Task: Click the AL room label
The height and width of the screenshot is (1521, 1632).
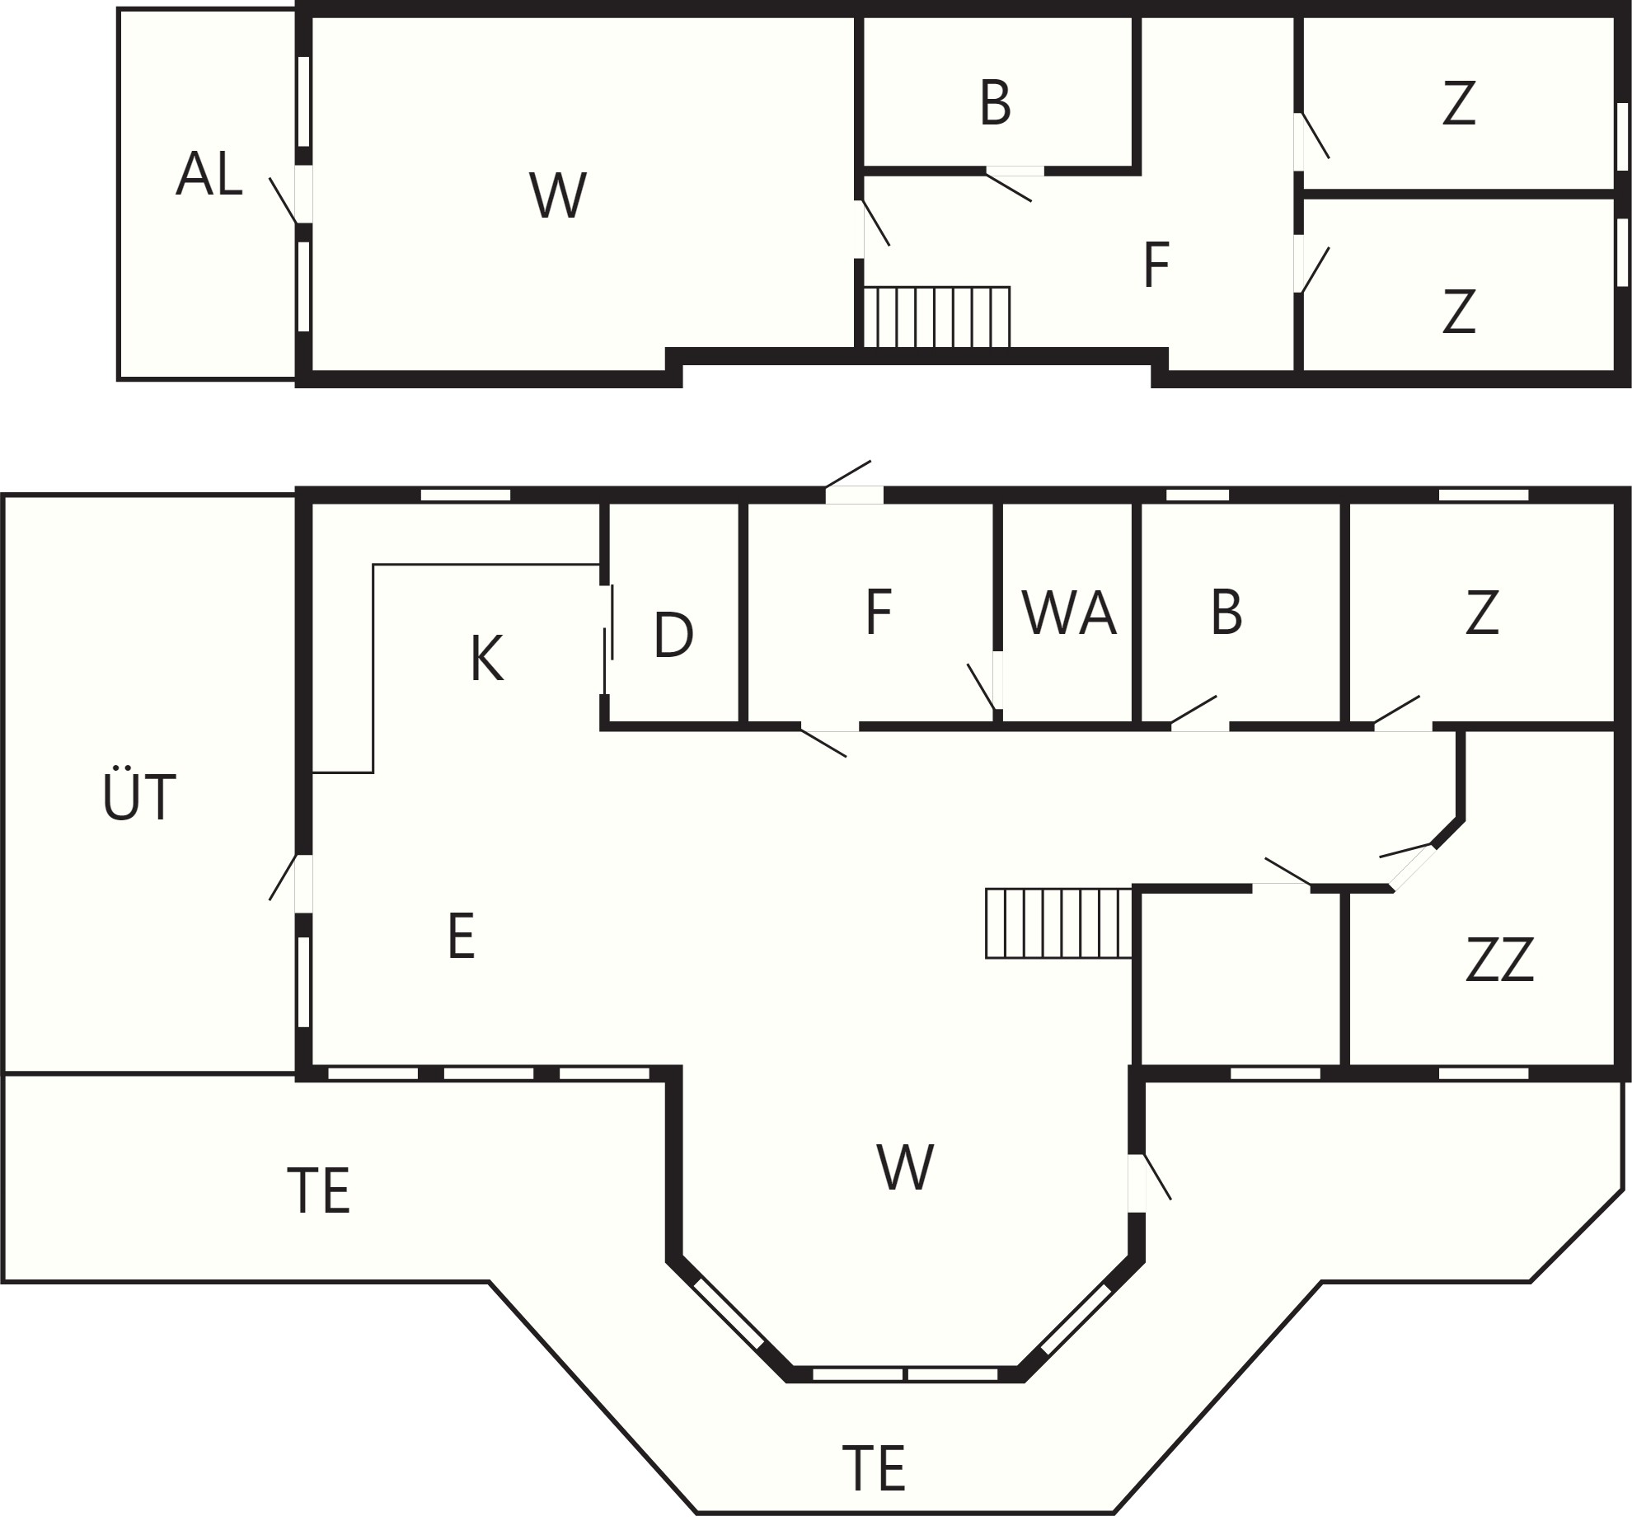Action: click(x=209, y=174)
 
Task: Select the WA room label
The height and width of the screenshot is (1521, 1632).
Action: click(x=1069, y=613)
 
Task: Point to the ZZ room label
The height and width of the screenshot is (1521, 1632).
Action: click(x=1499, y=960)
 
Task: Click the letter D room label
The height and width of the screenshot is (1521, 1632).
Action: click(x=673, y=635)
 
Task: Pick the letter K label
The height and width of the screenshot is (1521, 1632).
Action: click(x=487, y=660)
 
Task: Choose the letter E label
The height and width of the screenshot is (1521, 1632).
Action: click(x=462, y=937)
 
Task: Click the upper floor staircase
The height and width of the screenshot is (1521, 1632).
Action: click(x=936, y=317)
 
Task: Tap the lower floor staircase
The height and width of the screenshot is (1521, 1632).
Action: click(x=1059, y=923)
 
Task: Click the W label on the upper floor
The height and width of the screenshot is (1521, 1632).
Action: click(x=558, y=195)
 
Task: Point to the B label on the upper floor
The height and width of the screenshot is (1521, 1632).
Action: click(x=996, y=103)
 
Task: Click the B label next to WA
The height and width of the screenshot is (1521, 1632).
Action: click(x=1226, y=613)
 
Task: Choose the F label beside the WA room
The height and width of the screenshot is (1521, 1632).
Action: click(x=879, y=613)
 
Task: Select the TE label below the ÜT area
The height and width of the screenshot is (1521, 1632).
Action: click(x=319, y=1190)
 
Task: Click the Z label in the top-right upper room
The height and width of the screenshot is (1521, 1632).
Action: click(x=1458, y=103)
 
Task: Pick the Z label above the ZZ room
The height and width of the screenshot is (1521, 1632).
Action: click(x=1481, y=613)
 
